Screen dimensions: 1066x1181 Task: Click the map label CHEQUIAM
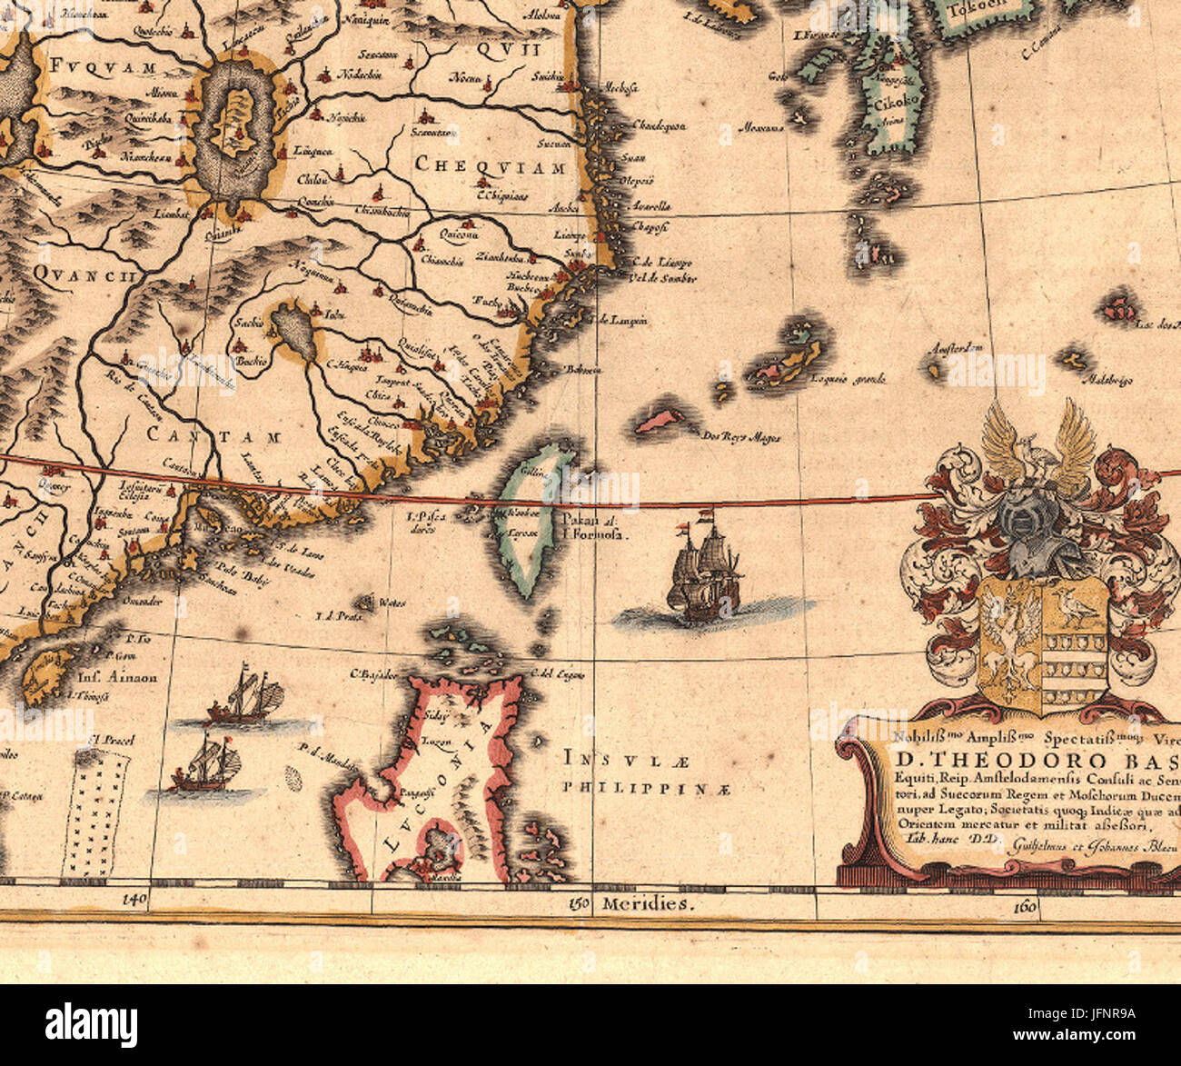[491, 165]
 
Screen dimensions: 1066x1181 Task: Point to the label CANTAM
[215, 437]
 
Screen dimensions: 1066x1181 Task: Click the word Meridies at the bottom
[647, 904]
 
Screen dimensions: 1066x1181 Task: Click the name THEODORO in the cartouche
[991, 760]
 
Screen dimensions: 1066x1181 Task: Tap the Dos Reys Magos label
[741, 437]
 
